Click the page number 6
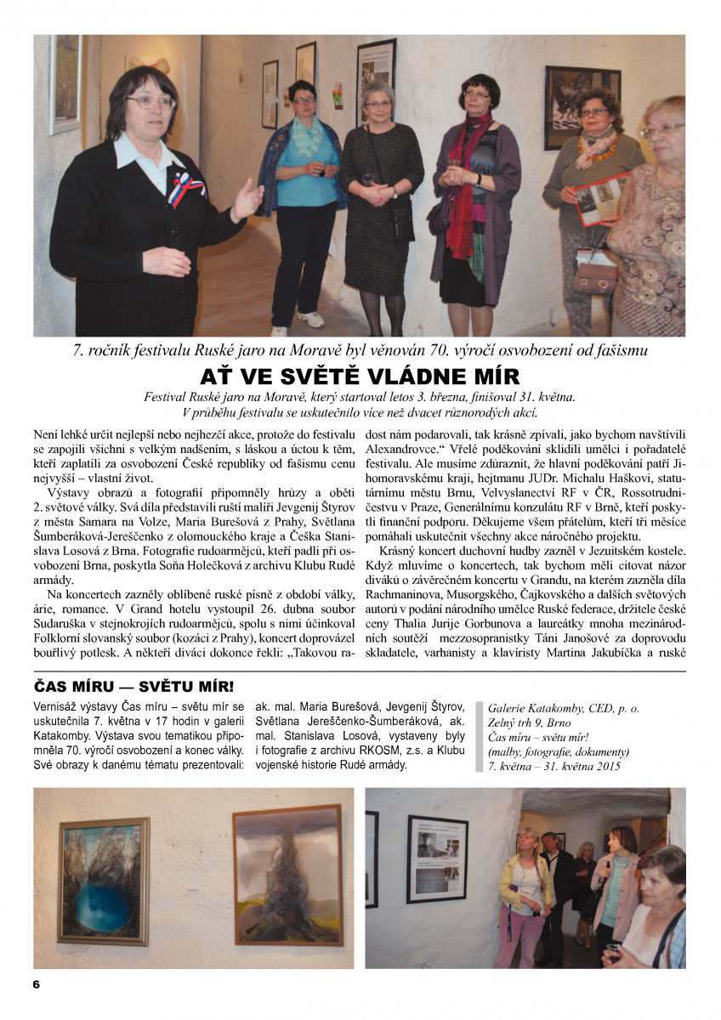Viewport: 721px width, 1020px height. (36, 984)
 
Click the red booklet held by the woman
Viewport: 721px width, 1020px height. (599, 198)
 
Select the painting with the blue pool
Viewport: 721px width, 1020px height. (105, 881)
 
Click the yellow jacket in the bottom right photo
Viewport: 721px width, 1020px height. (527, 884)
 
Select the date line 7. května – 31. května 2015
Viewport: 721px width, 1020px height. (554, 766)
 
